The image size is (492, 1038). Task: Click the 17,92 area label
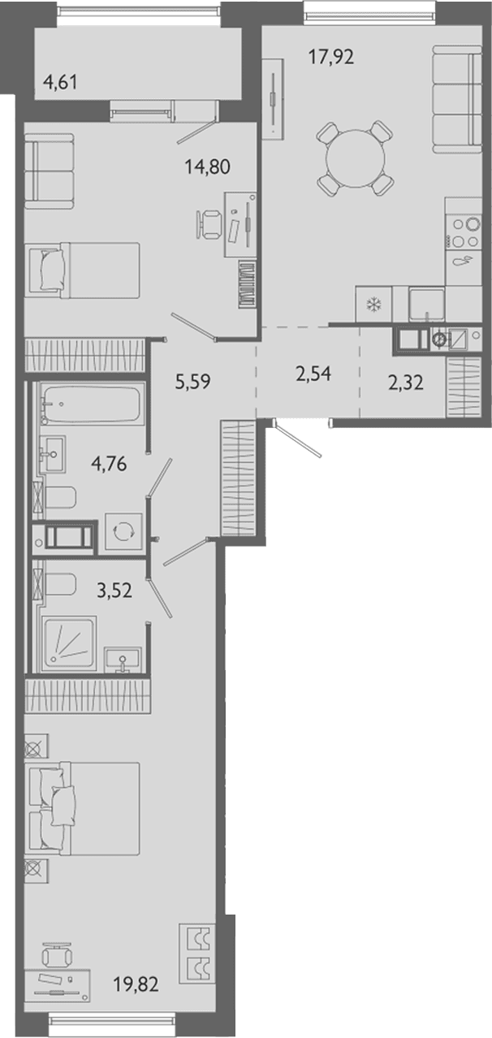pyautogui.click(x=330, y=57)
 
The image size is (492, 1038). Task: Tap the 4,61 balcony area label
pyautogui.click(x=60, y=83)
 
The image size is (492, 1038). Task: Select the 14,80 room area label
pyautogui.click(x=207, y=167)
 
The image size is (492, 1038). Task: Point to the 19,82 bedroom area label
pyautogui.click(x=136, y=984)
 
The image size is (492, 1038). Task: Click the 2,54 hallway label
pyautogui.click(x=313, y=374)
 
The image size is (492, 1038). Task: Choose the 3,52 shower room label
pyautogui.click(x=114, y=590)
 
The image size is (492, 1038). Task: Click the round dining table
pyautogui.click(x=356, y=158)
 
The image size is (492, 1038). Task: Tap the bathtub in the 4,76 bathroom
pyautogui.click(x=91, y=403)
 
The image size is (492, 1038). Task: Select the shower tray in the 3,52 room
pyautogui.click(x=69, y=643)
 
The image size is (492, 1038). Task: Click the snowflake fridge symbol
pyautogui.click(x=373, y=304)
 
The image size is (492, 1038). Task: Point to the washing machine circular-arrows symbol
pyautogui.click(x=123, y=531)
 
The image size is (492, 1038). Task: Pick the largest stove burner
pyautogui.click(x=473, y=224)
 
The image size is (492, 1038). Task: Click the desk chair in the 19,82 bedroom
pyautogui.click(x=57, y=954)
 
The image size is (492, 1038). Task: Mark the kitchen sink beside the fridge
pyautogui.click(x=426, y=304)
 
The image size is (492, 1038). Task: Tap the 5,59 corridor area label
pyautogui.click(x=192, y=382)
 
